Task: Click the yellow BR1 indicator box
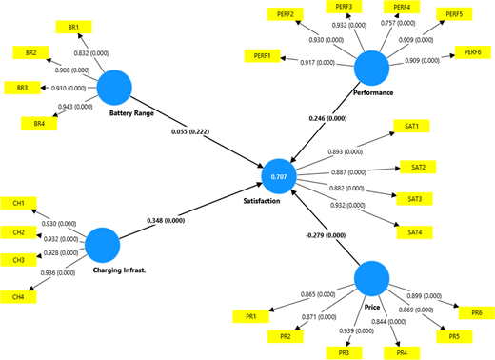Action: tap(73, 27)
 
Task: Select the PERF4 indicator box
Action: tap(402, 7)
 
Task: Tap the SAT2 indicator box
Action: tap(418, 167)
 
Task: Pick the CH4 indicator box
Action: tap(18, 297)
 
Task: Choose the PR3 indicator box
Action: tap(344, 352)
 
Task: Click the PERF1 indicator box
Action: tap(263, 56)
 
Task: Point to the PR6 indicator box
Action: tap(477, 312)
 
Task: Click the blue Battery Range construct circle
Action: tap(114, 88)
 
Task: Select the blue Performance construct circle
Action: tap(371, 68)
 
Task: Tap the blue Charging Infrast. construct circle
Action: tap(103, 245)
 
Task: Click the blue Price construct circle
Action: tap(371, 279)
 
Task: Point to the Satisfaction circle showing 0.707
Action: tap(279, 176)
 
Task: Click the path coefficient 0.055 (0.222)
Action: tap(190, 131)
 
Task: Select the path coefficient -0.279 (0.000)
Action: tap(326, 235)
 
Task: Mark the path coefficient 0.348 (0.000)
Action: tap(166, 220)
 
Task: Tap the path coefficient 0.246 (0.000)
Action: tap(327, 118)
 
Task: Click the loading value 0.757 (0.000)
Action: tap(398, 23)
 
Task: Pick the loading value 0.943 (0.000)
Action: tap(75, 107)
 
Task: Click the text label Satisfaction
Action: tap(262, 201)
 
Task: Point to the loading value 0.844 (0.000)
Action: tap(388, 322)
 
